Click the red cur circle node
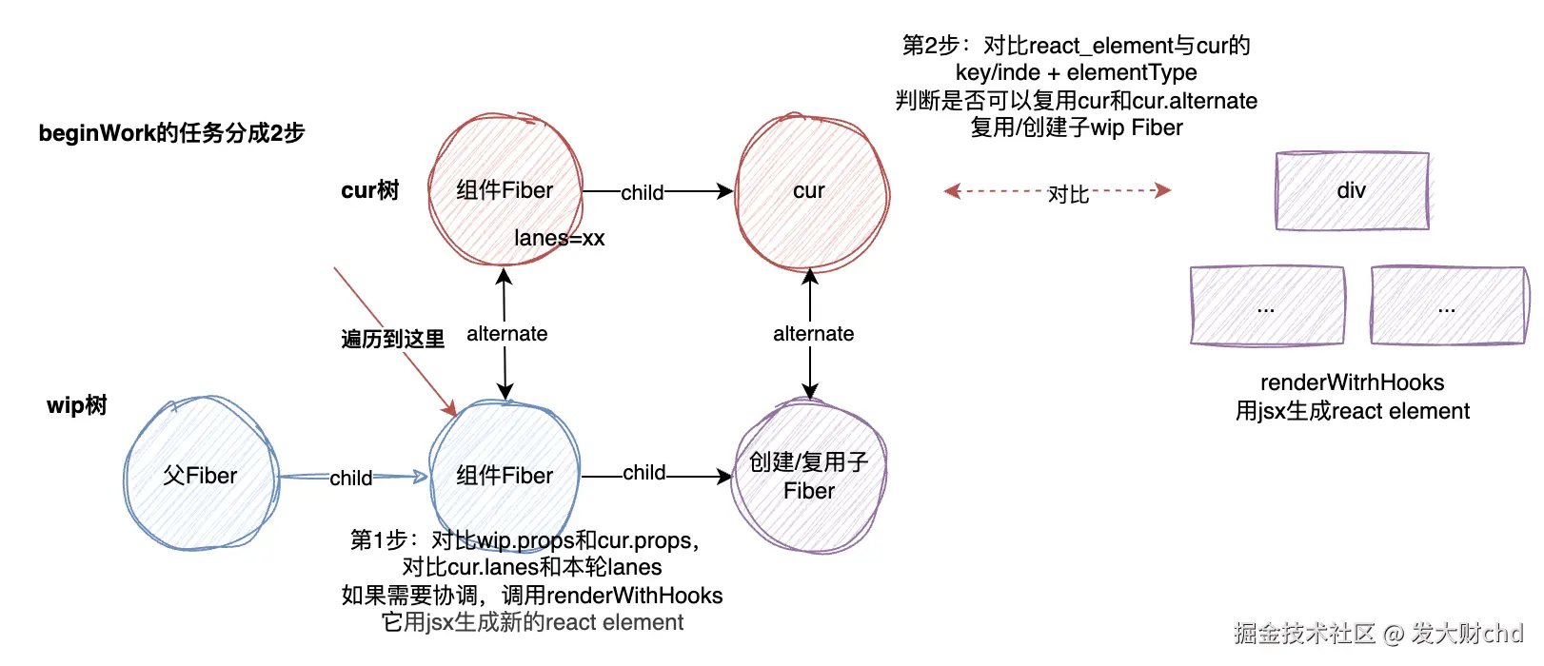[811, 192]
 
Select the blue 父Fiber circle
[201, 474]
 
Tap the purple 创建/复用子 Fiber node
[810, 476]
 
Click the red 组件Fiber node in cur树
[505, 190]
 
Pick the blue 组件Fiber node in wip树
[505, 475]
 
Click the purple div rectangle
[1352, 190]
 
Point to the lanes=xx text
[560, 238]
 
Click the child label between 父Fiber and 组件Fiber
[351, 479]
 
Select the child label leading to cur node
[643, 193]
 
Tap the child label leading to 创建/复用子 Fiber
[644, 473]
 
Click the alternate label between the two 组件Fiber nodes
[507, 334]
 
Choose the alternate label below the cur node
[814, 334]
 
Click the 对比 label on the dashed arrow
[1068, 194]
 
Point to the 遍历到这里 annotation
[393, 340]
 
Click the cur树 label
[370, 190]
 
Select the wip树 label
[77, 405]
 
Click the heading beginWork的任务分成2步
[171, 133]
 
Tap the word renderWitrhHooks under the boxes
[1352, 382]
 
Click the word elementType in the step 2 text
[1132, 72]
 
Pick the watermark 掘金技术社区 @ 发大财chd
[1378, 633]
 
